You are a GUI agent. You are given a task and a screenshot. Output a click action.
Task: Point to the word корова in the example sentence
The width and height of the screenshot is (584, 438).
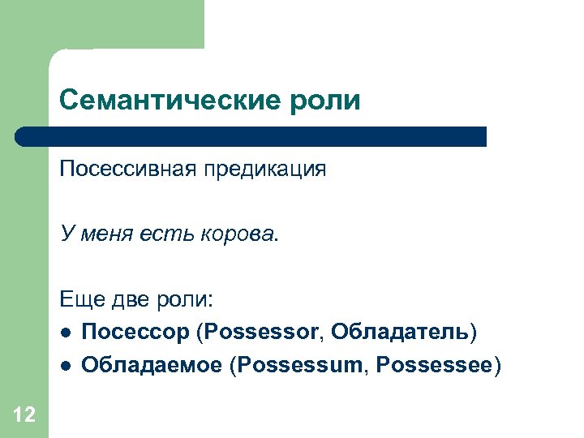pos(241,235)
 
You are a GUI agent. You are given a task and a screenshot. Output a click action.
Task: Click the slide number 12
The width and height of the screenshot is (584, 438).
pos(24,415)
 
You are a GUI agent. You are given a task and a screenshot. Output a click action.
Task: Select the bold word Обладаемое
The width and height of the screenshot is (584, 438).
pos(152,365)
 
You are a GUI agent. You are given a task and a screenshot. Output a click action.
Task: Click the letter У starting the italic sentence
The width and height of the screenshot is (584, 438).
pos(65,235)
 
